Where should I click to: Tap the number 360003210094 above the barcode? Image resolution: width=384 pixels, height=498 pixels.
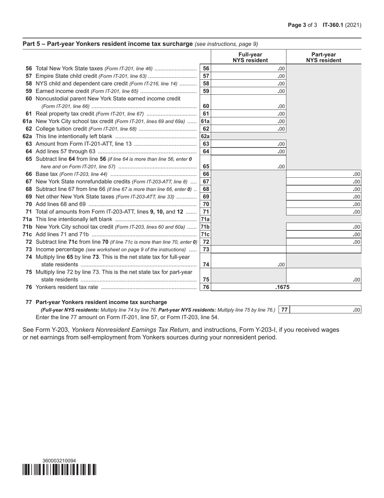point(59,461)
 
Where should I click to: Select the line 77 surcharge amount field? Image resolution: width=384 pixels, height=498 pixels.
point(325,310)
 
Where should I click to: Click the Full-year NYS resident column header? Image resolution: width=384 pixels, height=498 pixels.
point(250,57)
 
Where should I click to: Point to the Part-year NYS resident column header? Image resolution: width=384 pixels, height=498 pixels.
point(323,57)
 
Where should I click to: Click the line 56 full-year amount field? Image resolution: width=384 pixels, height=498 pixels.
point(248,69)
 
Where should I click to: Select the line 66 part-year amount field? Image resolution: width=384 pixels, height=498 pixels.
point(323,174)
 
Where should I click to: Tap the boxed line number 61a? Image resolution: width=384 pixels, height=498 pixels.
point(205,121)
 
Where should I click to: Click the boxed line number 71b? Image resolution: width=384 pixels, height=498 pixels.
point(205,227)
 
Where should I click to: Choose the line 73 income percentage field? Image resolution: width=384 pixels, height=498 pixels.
point(286,250)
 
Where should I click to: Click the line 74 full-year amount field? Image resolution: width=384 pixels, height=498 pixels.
point(248,265)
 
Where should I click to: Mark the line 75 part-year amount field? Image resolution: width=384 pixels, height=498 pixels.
point(323,279)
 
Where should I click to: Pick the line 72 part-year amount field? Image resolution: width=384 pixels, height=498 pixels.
point(323,242)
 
